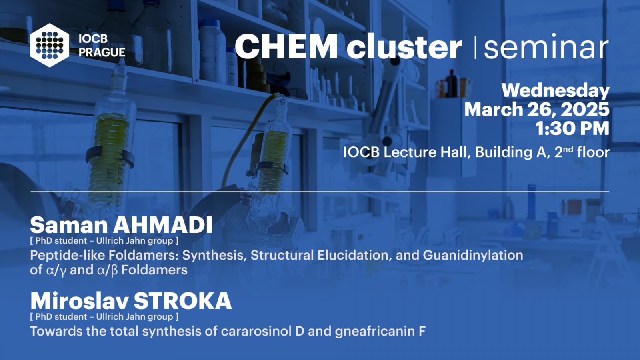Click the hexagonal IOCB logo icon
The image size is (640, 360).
pyautogui.click(x=50, y=45)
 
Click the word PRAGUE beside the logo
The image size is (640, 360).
pyautogui.click(x=102, y=52)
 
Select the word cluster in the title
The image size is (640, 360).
pyautogui.click(x=404, y=46)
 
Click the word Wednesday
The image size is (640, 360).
pyautogui.click(x=556, y=91)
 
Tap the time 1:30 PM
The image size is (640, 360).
pyautogui.click(x=572, y=128)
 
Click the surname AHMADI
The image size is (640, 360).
pyautogui.click(x=162, y=226)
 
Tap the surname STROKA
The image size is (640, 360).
pyautogui.click(x=182, y=301)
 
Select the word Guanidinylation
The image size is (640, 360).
pyautogui.click(x=473, y=255)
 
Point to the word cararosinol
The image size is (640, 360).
pyautogui.click(x=256, y=331)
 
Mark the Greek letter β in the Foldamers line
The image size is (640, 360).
pyautogui.click(x=114, y=270)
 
